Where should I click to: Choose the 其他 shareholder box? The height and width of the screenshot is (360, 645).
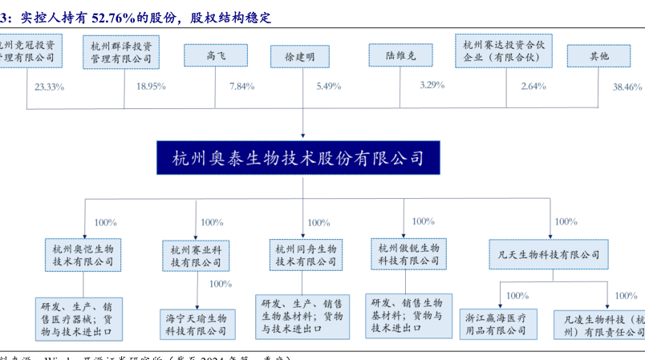click(598, 55)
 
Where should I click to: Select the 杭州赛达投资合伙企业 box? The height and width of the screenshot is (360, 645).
click(503, 51)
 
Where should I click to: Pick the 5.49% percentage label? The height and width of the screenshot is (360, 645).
click(329, 86)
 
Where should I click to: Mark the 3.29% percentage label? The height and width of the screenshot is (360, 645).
click(432, 84)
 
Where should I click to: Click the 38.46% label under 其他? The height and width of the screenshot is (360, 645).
click(627, 87)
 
